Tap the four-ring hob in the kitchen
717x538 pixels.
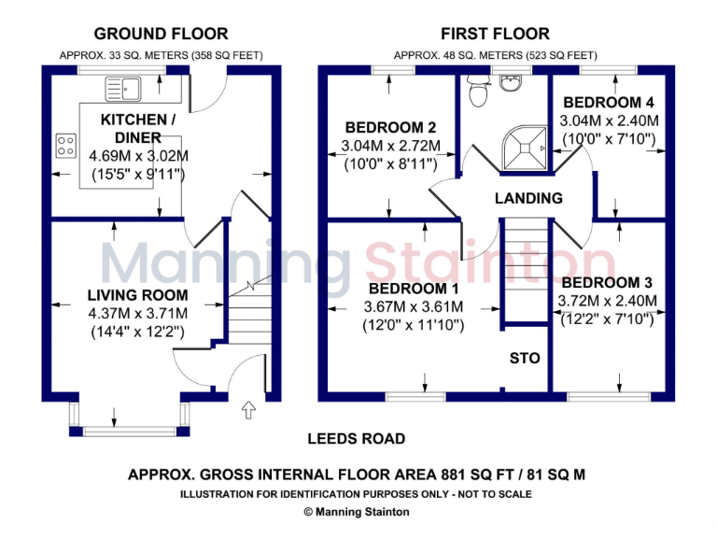tap(66, 145)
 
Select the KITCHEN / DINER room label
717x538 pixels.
tap(138, 129)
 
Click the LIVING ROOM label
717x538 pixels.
tap(138, 295)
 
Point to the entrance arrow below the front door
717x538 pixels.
tap(248, 408)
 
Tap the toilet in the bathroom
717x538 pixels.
tap(479, 92)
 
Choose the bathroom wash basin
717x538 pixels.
tap(510, 83)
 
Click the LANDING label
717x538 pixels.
tap(528, 198)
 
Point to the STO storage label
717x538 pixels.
tap(525, 358)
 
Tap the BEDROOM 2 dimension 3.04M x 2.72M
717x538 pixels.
tap(387, 146)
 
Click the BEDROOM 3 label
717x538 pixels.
tap(607, 282)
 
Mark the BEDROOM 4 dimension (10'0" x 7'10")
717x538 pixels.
tap(608, 139)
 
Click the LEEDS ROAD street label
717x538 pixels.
tap(357, 438)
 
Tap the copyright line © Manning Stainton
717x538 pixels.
tap(357, 512)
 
